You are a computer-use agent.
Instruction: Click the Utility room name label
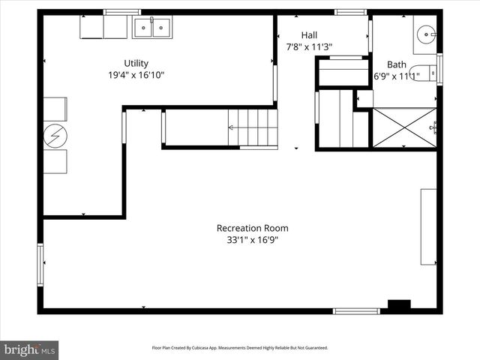[136, 63]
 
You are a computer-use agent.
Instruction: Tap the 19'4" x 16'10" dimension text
[136, 75]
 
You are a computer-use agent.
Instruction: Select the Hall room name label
[309, 35]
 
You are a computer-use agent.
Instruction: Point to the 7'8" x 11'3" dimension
[309, 47]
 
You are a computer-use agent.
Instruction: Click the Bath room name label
[396, 64]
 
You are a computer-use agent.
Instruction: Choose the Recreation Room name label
[252, 228]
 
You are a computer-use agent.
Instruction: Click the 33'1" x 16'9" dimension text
[252, 240]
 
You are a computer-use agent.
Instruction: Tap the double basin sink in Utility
[153, 28]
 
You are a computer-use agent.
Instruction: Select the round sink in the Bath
[426, 33]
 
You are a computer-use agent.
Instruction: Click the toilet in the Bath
[421, 73]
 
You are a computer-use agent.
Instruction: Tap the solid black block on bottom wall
[399, 304]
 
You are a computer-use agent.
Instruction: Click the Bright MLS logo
[30, 349]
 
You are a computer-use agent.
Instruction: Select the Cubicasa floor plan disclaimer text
[240, 348]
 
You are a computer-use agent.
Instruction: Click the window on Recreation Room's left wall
[40, 263]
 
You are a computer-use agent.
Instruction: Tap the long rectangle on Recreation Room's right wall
[428, 226]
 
